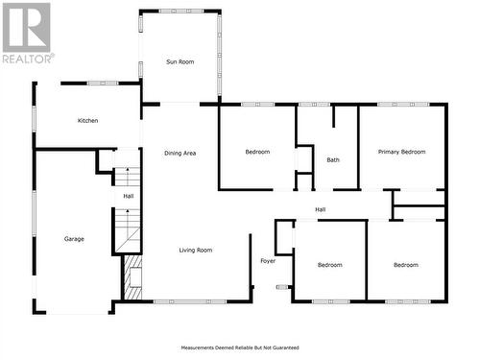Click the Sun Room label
click(x=180, y=61)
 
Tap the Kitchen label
click(x=88, y=120)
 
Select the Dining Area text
click(x=180, y=153)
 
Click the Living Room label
click(x=195, y=251)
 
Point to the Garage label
click(x=74, y=238)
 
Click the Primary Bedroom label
click(x=401, y=152)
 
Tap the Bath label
click(x=333, y=160)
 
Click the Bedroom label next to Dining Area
click(x=257, y=152)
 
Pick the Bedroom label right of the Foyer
click(x=329, y=265)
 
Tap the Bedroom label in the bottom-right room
click(x=405, y=265)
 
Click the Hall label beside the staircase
click(x=128, y=196)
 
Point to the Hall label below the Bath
click(x=321, y=209)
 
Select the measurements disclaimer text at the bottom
click(x=240, y=348)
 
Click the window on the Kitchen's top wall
click(x=102, y=84)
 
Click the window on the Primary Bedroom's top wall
click(x=401, y=104)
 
